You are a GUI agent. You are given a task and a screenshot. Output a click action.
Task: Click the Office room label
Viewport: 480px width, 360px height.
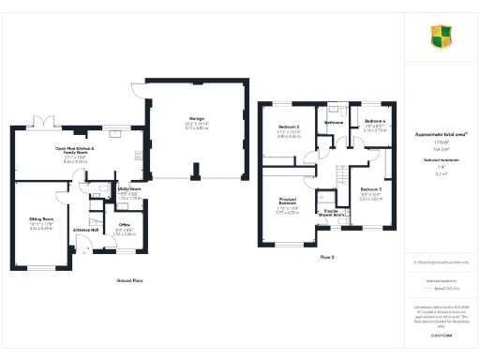click(124, 225)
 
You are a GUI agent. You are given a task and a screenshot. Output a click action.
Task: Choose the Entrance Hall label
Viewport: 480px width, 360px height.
click(87, 230)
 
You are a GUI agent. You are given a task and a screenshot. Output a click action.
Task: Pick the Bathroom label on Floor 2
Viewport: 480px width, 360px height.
click(334, 122)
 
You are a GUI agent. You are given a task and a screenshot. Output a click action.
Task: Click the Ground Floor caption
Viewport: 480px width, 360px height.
click(129, 281)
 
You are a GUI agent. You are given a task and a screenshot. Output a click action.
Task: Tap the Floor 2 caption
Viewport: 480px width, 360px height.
click(328, 255)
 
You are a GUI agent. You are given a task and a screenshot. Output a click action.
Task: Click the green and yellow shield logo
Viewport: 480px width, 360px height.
click(441, 37)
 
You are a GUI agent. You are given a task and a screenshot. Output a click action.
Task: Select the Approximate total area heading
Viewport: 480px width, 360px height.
click(441, 134)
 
